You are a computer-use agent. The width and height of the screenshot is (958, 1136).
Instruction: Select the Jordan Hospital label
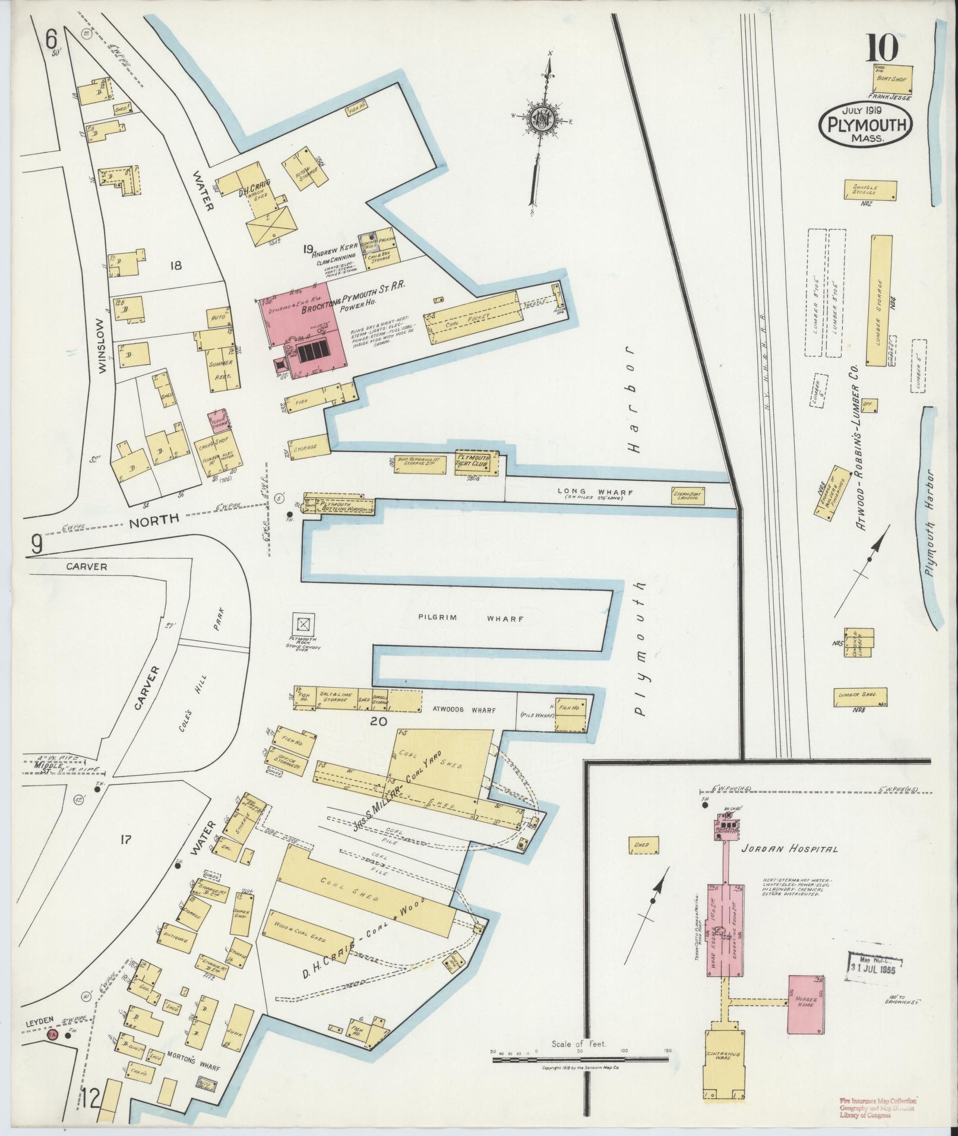point(789,849)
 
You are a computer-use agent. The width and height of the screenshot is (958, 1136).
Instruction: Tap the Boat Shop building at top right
point(892,78)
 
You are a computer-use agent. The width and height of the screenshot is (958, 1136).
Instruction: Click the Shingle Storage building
point(870,191)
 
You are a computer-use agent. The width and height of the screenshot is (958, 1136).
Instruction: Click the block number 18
point(175,266)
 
